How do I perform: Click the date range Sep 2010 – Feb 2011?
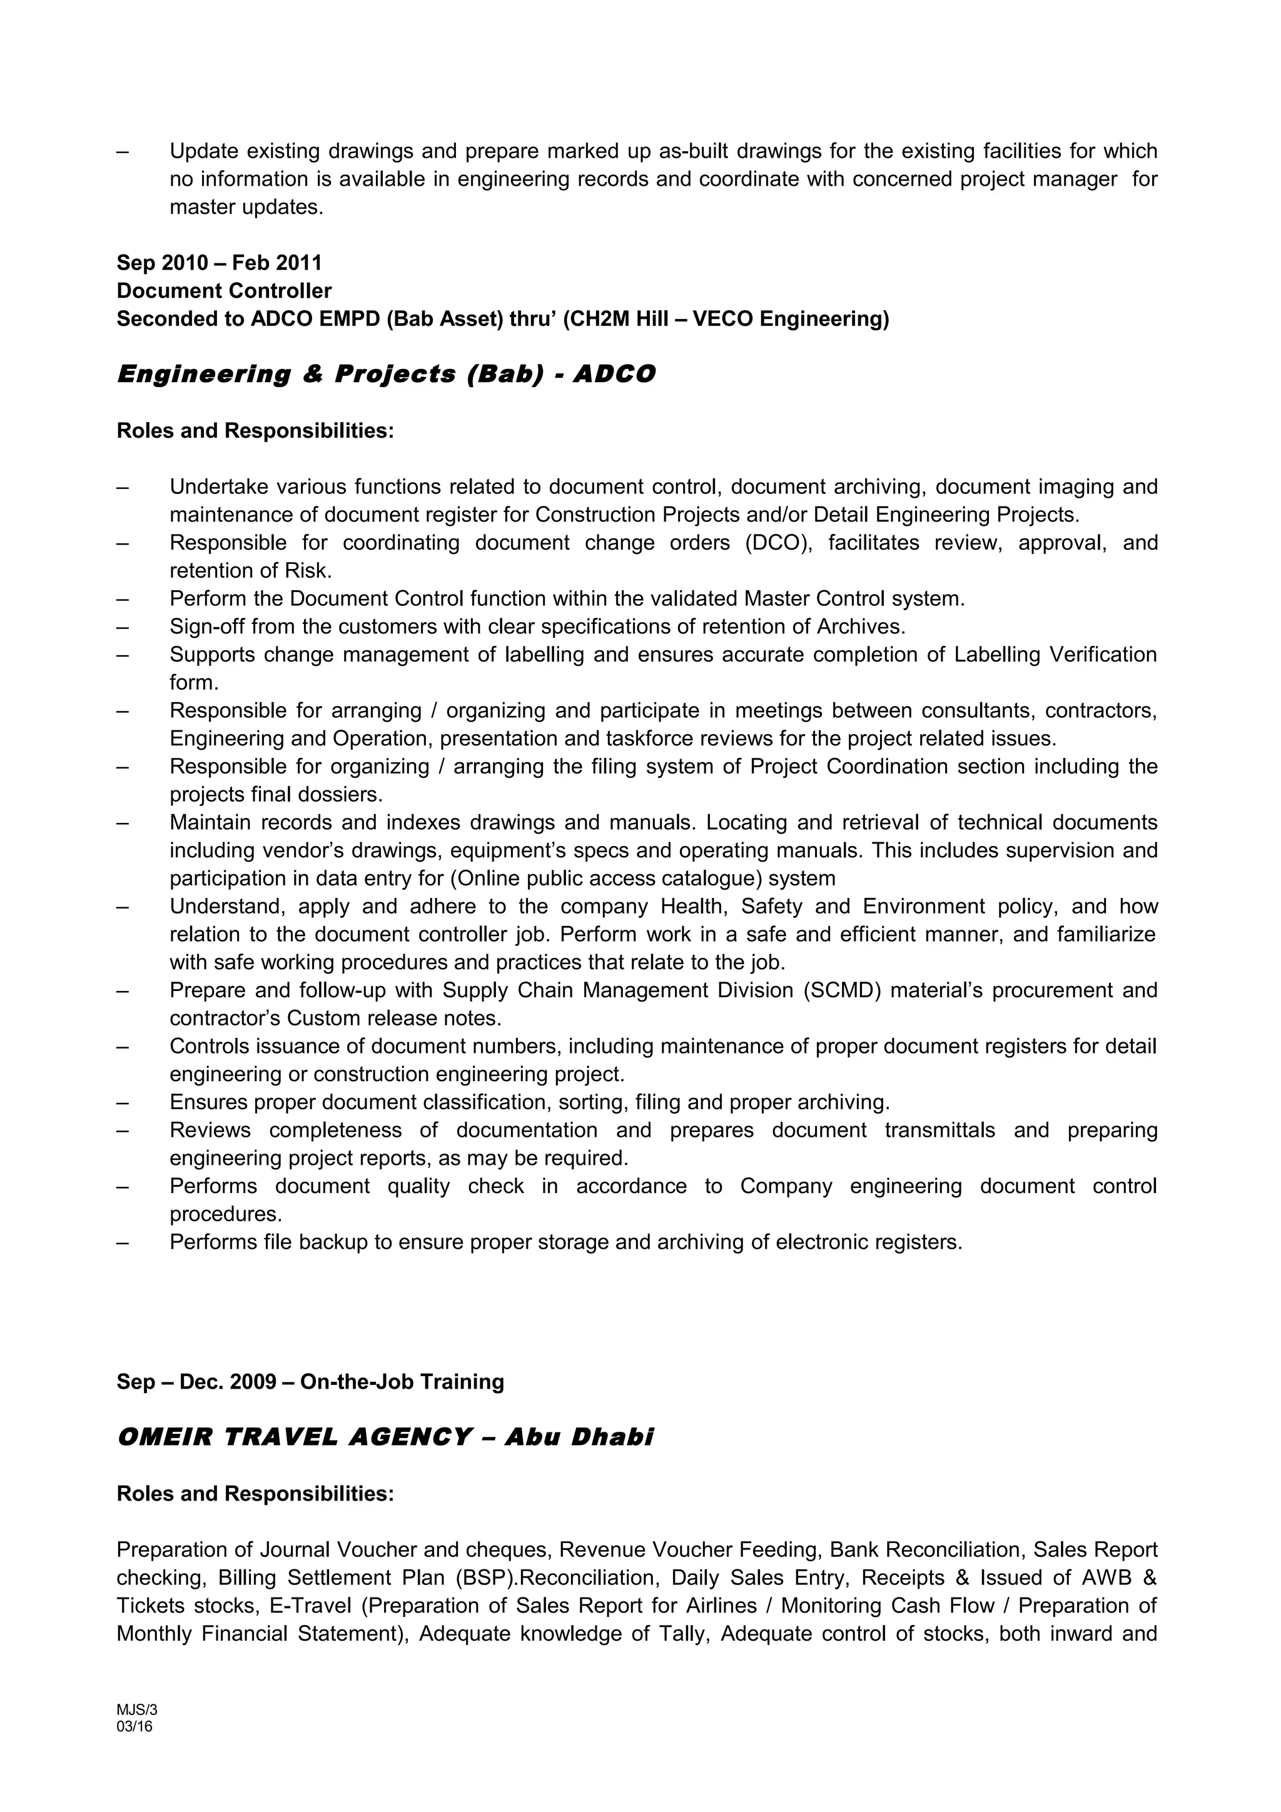(x=219, y=263)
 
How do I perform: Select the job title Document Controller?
(x=224, y=291)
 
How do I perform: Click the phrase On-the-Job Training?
(x=402, y=1382)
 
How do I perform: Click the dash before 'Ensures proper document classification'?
(x=123, y=1102)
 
